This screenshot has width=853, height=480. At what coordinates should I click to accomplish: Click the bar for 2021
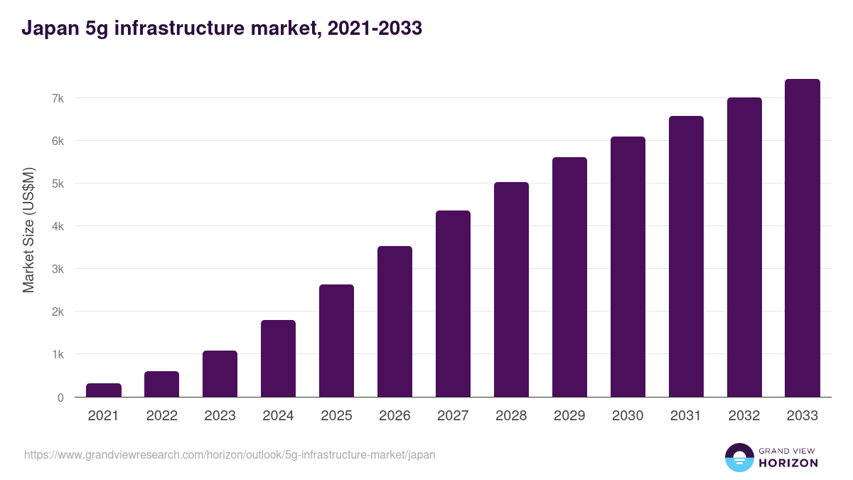pyautogui.click(x=104, y=390)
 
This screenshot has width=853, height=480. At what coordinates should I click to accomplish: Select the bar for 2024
pyautogui.click(x=278, y=358)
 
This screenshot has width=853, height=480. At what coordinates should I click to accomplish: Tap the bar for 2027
pyautogui.click(x=453, y=304)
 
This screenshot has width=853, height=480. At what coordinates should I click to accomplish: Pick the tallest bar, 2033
pyautogui.click(x=803, y=238)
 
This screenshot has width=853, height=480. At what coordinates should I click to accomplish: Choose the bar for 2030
pyautogui.click(x=628, y=267)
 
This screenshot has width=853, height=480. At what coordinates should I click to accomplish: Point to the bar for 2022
pyautogui.click(x=162, y=384)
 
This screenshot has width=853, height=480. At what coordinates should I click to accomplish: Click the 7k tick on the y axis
pyautogui.click(x=58, y=98)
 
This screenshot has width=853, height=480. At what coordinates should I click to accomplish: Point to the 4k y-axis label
pyautogui.click(x=58, y=226)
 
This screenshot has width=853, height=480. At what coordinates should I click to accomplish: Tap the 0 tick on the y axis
pyautogui.click(x=60, y=398)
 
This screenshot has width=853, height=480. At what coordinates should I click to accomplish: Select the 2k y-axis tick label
pyautogui.click(x=58, y=311)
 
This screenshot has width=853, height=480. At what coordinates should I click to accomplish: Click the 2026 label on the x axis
pyautogui.click(x=395, y=416)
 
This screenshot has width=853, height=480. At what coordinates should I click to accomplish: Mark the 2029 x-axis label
pyautogui.click(x=569, y=416)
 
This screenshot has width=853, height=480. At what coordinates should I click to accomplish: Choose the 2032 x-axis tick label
pyautogui.click(x=744, y=416)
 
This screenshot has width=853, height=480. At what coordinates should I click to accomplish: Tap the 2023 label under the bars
pyautogui.click(x=220, y=416)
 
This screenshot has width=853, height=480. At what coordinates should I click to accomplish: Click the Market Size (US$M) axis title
pyautogui.click(x=28, y=230)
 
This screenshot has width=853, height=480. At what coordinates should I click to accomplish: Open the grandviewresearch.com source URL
pyautogui.click(x=230, y=454)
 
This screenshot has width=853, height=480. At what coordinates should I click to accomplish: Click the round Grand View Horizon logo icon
pyautogui.click(x=739, y=457)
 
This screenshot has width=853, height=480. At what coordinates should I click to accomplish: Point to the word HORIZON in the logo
pyautogui.click(x=788, y=463)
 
